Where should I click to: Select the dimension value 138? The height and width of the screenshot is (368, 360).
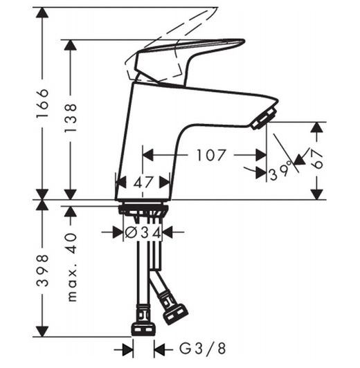click(x=71, y=118)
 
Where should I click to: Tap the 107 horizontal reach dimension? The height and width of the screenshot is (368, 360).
click(x=210, y=155)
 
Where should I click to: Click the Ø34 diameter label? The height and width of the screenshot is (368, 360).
click(x=143, y=233)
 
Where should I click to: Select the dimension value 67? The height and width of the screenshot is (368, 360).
click(x=317, y=160)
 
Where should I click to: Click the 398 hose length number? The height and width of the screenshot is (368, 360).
click(x=43, y=270)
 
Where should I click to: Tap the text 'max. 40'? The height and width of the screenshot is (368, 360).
click(x=71, y=266)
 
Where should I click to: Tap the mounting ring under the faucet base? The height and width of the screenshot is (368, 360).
click(x=143, y=210)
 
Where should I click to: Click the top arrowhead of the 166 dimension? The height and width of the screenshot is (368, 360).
click(x=43, y=15)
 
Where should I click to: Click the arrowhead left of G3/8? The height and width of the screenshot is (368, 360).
click(x=127, y=349)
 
